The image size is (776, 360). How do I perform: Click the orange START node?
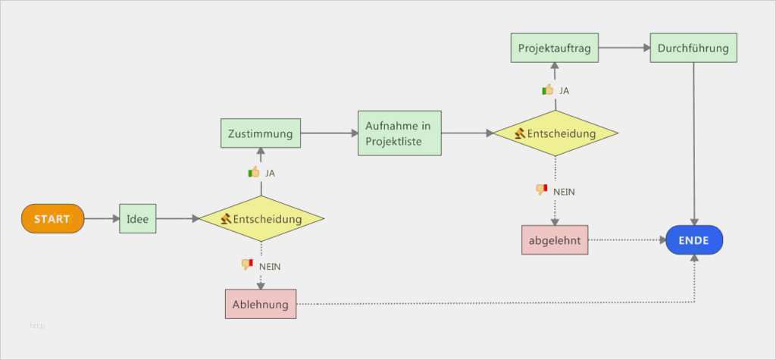coord(52,219)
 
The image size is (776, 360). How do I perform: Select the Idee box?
coord(137,219)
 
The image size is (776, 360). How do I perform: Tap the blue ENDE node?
coord(693,240)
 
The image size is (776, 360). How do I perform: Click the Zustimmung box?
coord(260,134)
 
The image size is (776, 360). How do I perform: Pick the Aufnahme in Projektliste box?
coord(399,133)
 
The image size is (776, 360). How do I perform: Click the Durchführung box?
coord(693,49)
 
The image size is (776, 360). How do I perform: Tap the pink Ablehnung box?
coord(260,304)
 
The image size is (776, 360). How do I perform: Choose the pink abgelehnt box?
coord(555,239)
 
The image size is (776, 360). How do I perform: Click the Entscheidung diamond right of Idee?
coord(261,219)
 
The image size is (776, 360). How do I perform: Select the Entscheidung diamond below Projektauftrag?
coord(555,133)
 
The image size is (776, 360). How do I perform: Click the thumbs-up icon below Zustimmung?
coord(254,173)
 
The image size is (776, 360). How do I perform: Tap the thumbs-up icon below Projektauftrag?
coord(547,90)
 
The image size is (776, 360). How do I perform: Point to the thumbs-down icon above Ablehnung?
coord(246,265)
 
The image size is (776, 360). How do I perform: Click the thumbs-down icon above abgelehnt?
coord(541,189)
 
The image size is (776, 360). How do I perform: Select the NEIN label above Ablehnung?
coord(271,266)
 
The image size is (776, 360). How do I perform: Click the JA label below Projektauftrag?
coord(564,91)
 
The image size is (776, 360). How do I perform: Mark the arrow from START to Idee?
coord(102,219)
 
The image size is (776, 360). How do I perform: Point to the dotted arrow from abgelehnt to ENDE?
coord(626,239)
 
